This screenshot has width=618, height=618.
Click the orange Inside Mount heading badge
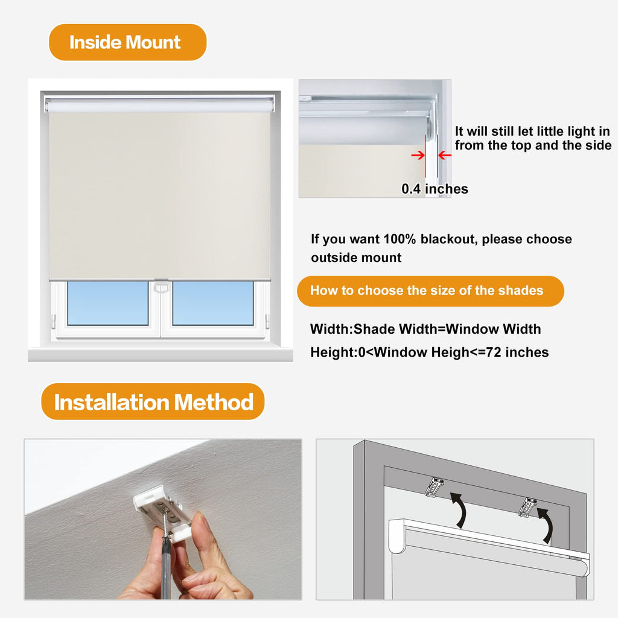click(x=128, y=42)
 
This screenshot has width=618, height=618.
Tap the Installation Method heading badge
click(x=153, y=401)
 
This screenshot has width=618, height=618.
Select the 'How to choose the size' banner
click(x=430, y=291)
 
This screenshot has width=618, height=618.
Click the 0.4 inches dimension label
click(x=435, y=189)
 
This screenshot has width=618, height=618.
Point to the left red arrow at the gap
click(x=418, y=155)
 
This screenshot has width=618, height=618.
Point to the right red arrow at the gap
click(x=445, y=155)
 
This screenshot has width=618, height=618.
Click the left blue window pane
click(x=107, y=303)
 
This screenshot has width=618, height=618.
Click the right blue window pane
click(x=213, y=303)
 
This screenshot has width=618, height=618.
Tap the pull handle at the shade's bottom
click(x=161, y=285)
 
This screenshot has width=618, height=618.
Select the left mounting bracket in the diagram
click(x=435, y=487)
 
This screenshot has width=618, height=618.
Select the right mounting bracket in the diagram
click(x=527, y=507)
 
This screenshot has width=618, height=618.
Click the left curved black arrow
click(x=460, y=509)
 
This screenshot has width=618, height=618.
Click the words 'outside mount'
click(x=356, y=257)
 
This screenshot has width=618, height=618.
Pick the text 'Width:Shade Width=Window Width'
click(x=425, y=329)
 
